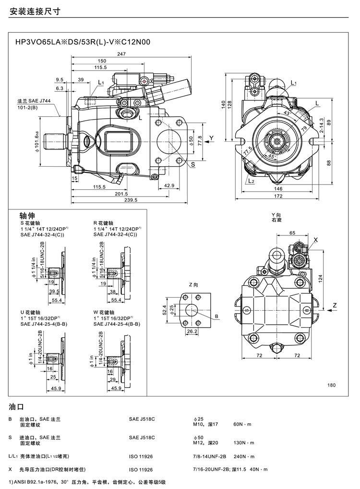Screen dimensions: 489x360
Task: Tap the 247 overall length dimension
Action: click(121, 54)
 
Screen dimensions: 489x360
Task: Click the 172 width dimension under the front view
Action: click(279, 196)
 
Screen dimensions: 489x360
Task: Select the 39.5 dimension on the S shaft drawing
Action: click(54, 291)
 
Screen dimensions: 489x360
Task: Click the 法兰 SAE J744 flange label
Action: click(34, 101)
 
